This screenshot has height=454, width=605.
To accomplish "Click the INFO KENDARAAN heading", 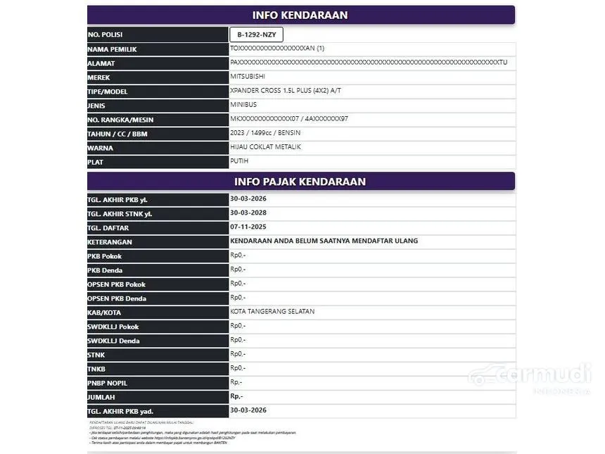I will (300, 15).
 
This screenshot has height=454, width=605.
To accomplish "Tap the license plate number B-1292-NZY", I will (256, 34).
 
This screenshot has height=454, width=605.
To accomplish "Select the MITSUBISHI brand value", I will (248, 76).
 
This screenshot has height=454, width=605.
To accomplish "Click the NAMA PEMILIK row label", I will (112, 49).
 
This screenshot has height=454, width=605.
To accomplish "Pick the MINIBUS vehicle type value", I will (243, 104).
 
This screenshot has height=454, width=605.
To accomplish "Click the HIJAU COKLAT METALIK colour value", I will (265, 146).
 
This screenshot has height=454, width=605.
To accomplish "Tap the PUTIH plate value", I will (239, 160).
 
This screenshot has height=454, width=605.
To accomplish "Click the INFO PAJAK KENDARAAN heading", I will (300, 182).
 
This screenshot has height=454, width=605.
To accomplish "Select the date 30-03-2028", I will (248, 213).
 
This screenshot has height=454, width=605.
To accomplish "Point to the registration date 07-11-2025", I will (248, 227).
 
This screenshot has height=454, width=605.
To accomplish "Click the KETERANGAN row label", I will (110, 242).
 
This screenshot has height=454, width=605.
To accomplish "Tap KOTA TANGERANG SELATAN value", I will (272, 311).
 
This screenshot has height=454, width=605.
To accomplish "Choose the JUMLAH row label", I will (102, 397).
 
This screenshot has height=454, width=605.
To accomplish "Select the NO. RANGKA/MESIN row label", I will (120, 120).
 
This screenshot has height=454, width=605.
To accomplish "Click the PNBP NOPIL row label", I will (108, 383).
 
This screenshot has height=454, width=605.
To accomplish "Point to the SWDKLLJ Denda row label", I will (113, 341).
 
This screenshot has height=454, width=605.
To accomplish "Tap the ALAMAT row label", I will (101, 63).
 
